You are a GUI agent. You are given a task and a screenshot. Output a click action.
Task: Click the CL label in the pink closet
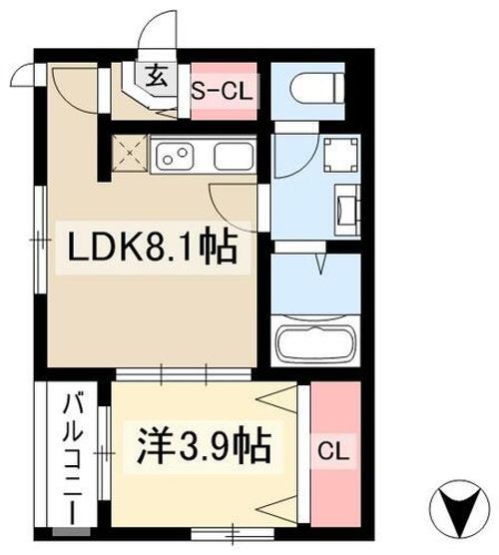coord(332,451)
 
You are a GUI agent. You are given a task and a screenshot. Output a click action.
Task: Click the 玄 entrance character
coord(159,75)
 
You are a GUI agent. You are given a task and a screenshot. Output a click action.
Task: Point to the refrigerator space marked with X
coord(128,156)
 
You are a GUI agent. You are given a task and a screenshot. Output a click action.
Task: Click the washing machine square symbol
coord(337,157)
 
